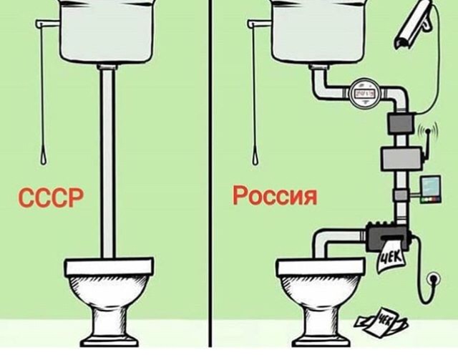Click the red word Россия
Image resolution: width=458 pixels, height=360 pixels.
[275, 195]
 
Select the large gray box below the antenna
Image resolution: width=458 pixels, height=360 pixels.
[399, 157]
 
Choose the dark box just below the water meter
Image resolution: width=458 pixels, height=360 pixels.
[399, 124]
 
